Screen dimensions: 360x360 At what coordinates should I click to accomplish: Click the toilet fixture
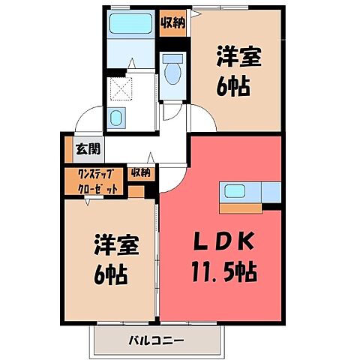(x=172, y=72)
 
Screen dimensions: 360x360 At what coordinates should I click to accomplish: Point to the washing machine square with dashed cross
(x=120, y=90)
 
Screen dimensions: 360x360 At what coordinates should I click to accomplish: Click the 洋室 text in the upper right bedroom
(x=239, y=56)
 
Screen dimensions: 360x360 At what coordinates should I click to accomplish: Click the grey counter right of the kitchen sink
(x=269, y=194)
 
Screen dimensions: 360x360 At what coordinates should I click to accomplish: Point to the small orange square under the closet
(x=135, y=191)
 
